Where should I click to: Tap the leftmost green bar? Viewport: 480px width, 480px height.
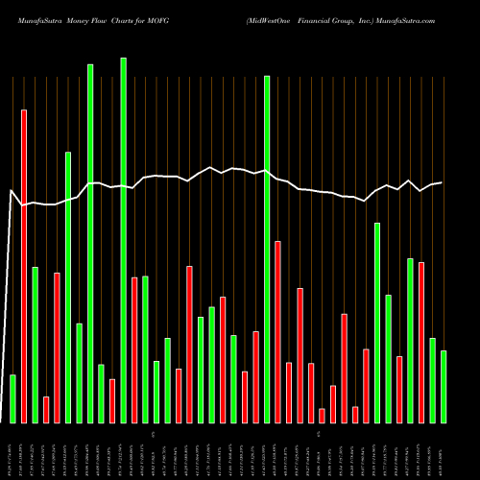(13, 398)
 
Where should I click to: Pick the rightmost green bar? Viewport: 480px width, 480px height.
(444, 386)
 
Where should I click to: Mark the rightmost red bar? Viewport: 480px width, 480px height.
(421, 342)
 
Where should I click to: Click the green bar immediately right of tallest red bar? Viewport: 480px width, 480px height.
(36, 345)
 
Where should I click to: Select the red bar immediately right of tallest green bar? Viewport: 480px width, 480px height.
(134, 349)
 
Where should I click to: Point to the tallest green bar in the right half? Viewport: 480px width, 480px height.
(267, 249)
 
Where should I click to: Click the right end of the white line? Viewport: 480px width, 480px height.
(442, 182)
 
